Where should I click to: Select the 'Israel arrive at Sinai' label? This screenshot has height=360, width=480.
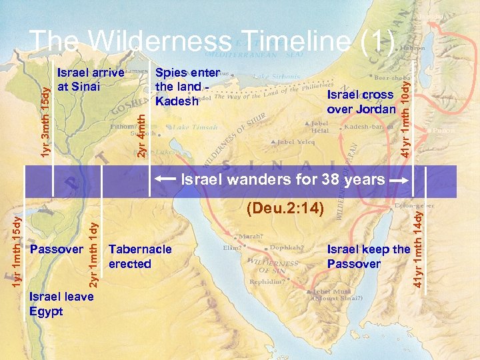tap(91, 79)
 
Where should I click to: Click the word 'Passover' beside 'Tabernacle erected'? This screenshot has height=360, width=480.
tap(57, 249)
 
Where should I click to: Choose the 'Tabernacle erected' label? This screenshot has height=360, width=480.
tap(139, 257)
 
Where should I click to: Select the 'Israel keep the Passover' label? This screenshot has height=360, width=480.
tap(368, 257)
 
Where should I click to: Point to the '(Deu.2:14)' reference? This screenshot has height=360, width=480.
tap(285, 209)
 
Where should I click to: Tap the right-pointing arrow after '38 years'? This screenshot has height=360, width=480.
tap(399, 181)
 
